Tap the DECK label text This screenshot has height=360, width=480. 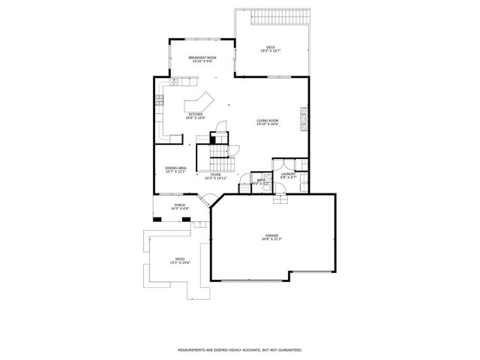(x=271, y=49)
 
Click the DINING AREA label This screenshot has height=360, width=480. (x=175, y=169)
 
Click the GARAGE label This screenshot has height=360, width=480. (x=271, y=237)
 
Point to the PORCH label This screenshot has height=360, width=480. (x=180, y=206)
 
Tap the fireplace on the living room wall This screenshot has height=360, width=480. (x=304, y=118)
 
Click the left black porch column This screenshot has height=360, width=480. (x=157, y=219)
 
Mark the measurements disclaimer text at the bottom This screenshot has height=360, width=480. (x=239, y=349)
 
